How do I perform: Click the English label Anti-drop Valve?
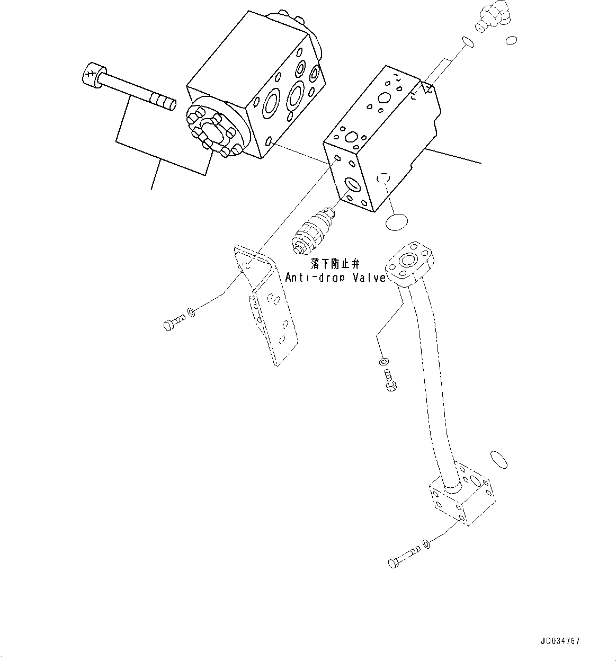[335, 277]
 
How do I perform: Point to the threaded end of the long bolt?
[163, 101]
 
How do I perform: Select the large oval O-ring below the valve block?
[397, 222]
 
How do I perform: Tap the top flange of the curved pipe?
[411, 263]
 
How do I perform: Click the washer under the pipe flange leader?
[383, 362]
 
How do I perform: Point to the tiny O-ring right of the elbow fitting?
[511, 40]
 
